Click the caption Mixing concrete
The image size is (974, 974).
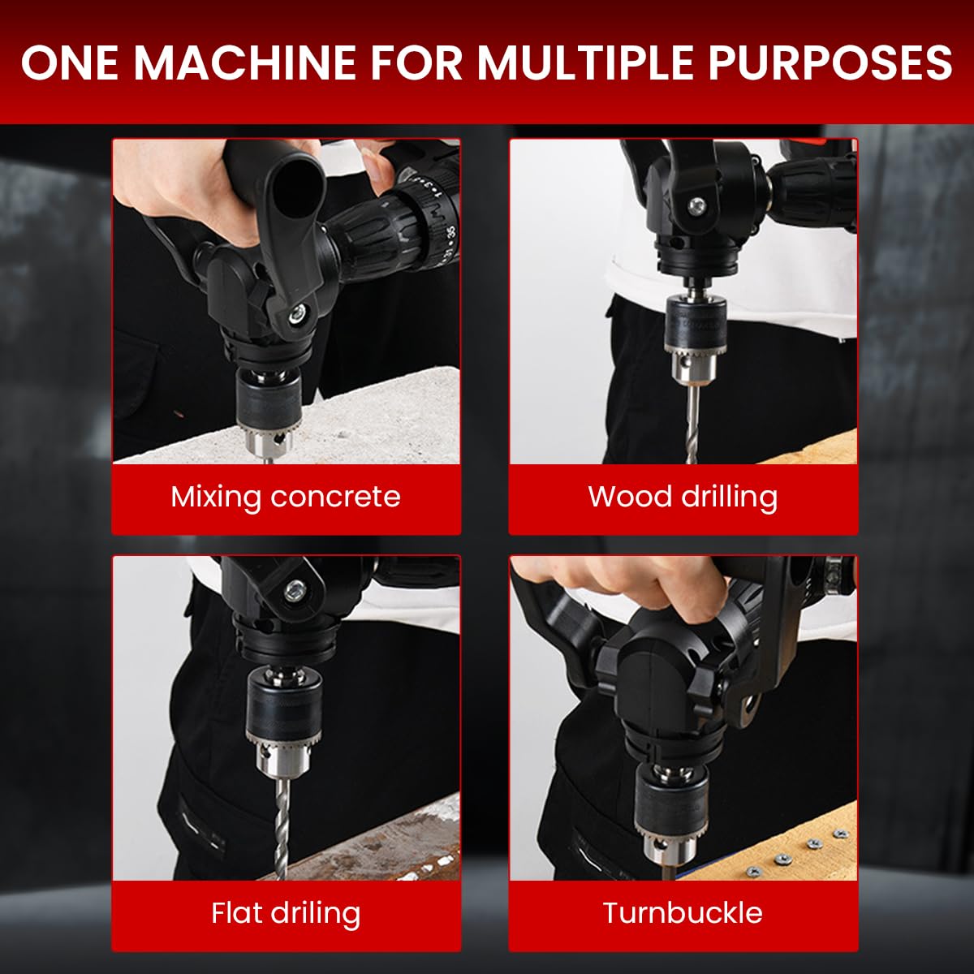[x=286, y=497]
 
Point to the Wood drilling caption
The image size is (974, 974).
[x=683, y=497]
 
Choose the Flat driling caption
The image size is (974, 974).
[x=286, y=913]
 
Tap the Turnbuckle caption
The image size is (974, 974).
[x=683, y=913]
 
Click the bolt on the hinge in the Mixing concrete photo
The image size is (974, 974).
[x=301, y=312]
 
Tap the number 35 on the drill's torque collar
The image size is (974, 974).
[x=450, y=230]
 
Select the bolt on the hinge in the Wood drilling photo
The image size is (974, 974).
[x=696, y=207]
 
